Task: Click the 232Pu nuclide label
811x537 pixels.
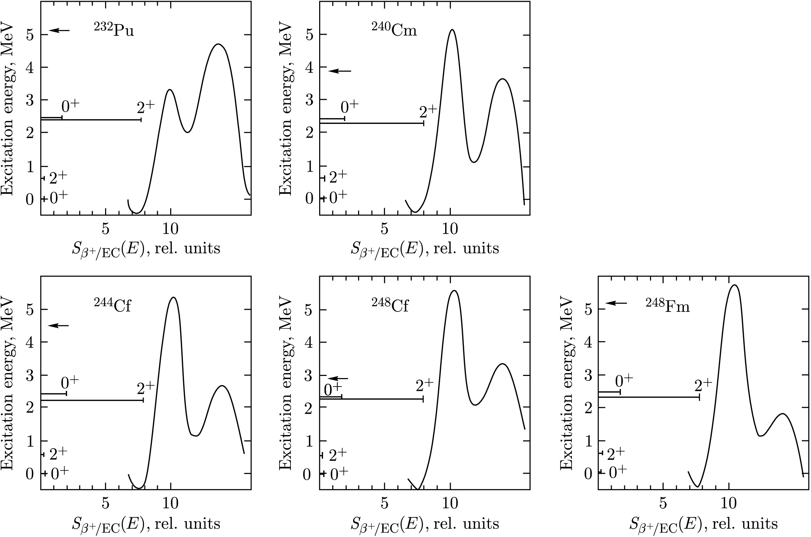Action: coord(114,30)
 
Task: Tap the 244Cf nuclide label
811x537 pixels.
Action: coord(113,305)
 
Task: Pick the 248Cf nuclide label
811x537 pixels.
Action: coord(390,305)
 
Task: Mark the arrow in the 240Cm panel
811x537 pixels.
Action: coord(339,71)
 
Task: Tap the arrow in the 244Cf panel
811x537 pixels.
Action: coord(58,326)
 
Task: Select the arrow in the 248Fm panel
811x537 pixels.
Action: coord(616,303)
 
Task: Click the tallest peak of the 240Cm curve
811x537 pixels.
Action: coord(452,30)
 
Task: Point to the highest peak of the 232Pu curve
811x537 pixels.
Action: coord(218,44)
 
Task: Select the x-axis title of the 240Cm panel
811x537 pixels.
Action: coord(425,248)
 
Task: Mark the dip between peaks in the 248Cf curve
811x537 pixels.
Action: coord(475,405)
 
